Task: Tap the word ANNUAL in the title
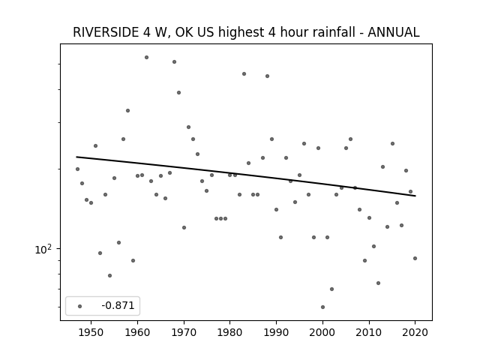click(393, 32)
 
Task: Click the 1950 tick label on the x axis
click(91, 332)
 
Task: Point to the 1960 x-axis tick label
click(137, 332)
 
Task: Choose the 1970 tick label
click(184, 332)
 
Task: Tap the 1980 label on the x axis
click(230, 332)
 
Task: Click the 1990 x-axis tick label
click(277, 332)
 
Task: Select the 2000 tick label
click(322, 332)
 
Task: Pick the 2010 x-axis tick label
click(369, 332)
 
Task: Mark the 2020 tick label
click(415, 332)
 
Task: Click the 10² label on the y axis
click(43, 250)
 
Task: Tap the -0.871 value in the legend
click(118, 305)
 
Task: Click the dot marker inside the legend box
click(80, 306)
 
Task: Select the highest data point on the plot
click(147, 57)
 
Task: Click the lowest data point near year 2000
click(322, 307)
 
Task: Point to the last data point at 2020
click(415, 258)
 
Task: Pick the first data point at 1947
click(77, 169)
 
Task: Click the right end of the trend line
click(415, 196)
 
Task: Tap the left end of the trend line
click(76, 157)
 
